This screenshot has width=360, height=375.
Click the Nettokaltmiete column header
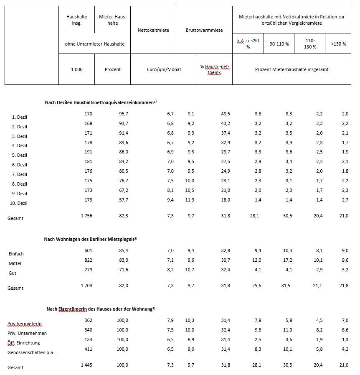[x=153, y=30]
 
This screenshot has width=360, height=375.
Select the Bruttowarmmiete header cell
[x=204, y=30]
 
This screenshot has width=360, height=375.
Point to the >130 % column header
[x=338, y=44]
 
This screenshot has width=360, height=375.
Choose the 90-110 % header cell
[x=279, y=44]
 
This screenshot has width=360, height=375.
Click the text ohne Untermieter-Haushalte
[x=95, y=44]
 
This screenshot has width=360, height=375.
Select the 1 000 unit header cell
[x=76, y=69]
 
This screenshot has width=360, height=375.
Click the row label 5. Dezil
[x=19, y=155]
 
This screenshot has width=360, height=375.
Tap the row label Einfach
[x=16, y=254]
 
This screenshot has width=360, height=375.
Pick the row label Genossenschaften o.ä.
[x=30, y=352]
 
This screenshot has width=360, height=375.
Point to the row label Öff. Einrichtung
[x=24, y=343]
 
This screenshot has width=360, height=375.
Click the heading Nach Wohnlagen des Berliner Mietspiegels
[x=91, y=239]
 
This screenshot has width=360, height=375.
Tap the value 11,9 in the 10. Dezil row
[x=190, y=200]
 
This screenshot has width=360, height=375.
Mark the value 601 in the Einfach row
[x=88, y=250]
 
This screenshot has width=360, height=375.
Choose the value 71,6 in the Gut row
[x=123, y=270]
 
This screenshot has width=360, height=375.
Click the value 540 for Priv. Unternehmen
[x=88, y=330]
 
